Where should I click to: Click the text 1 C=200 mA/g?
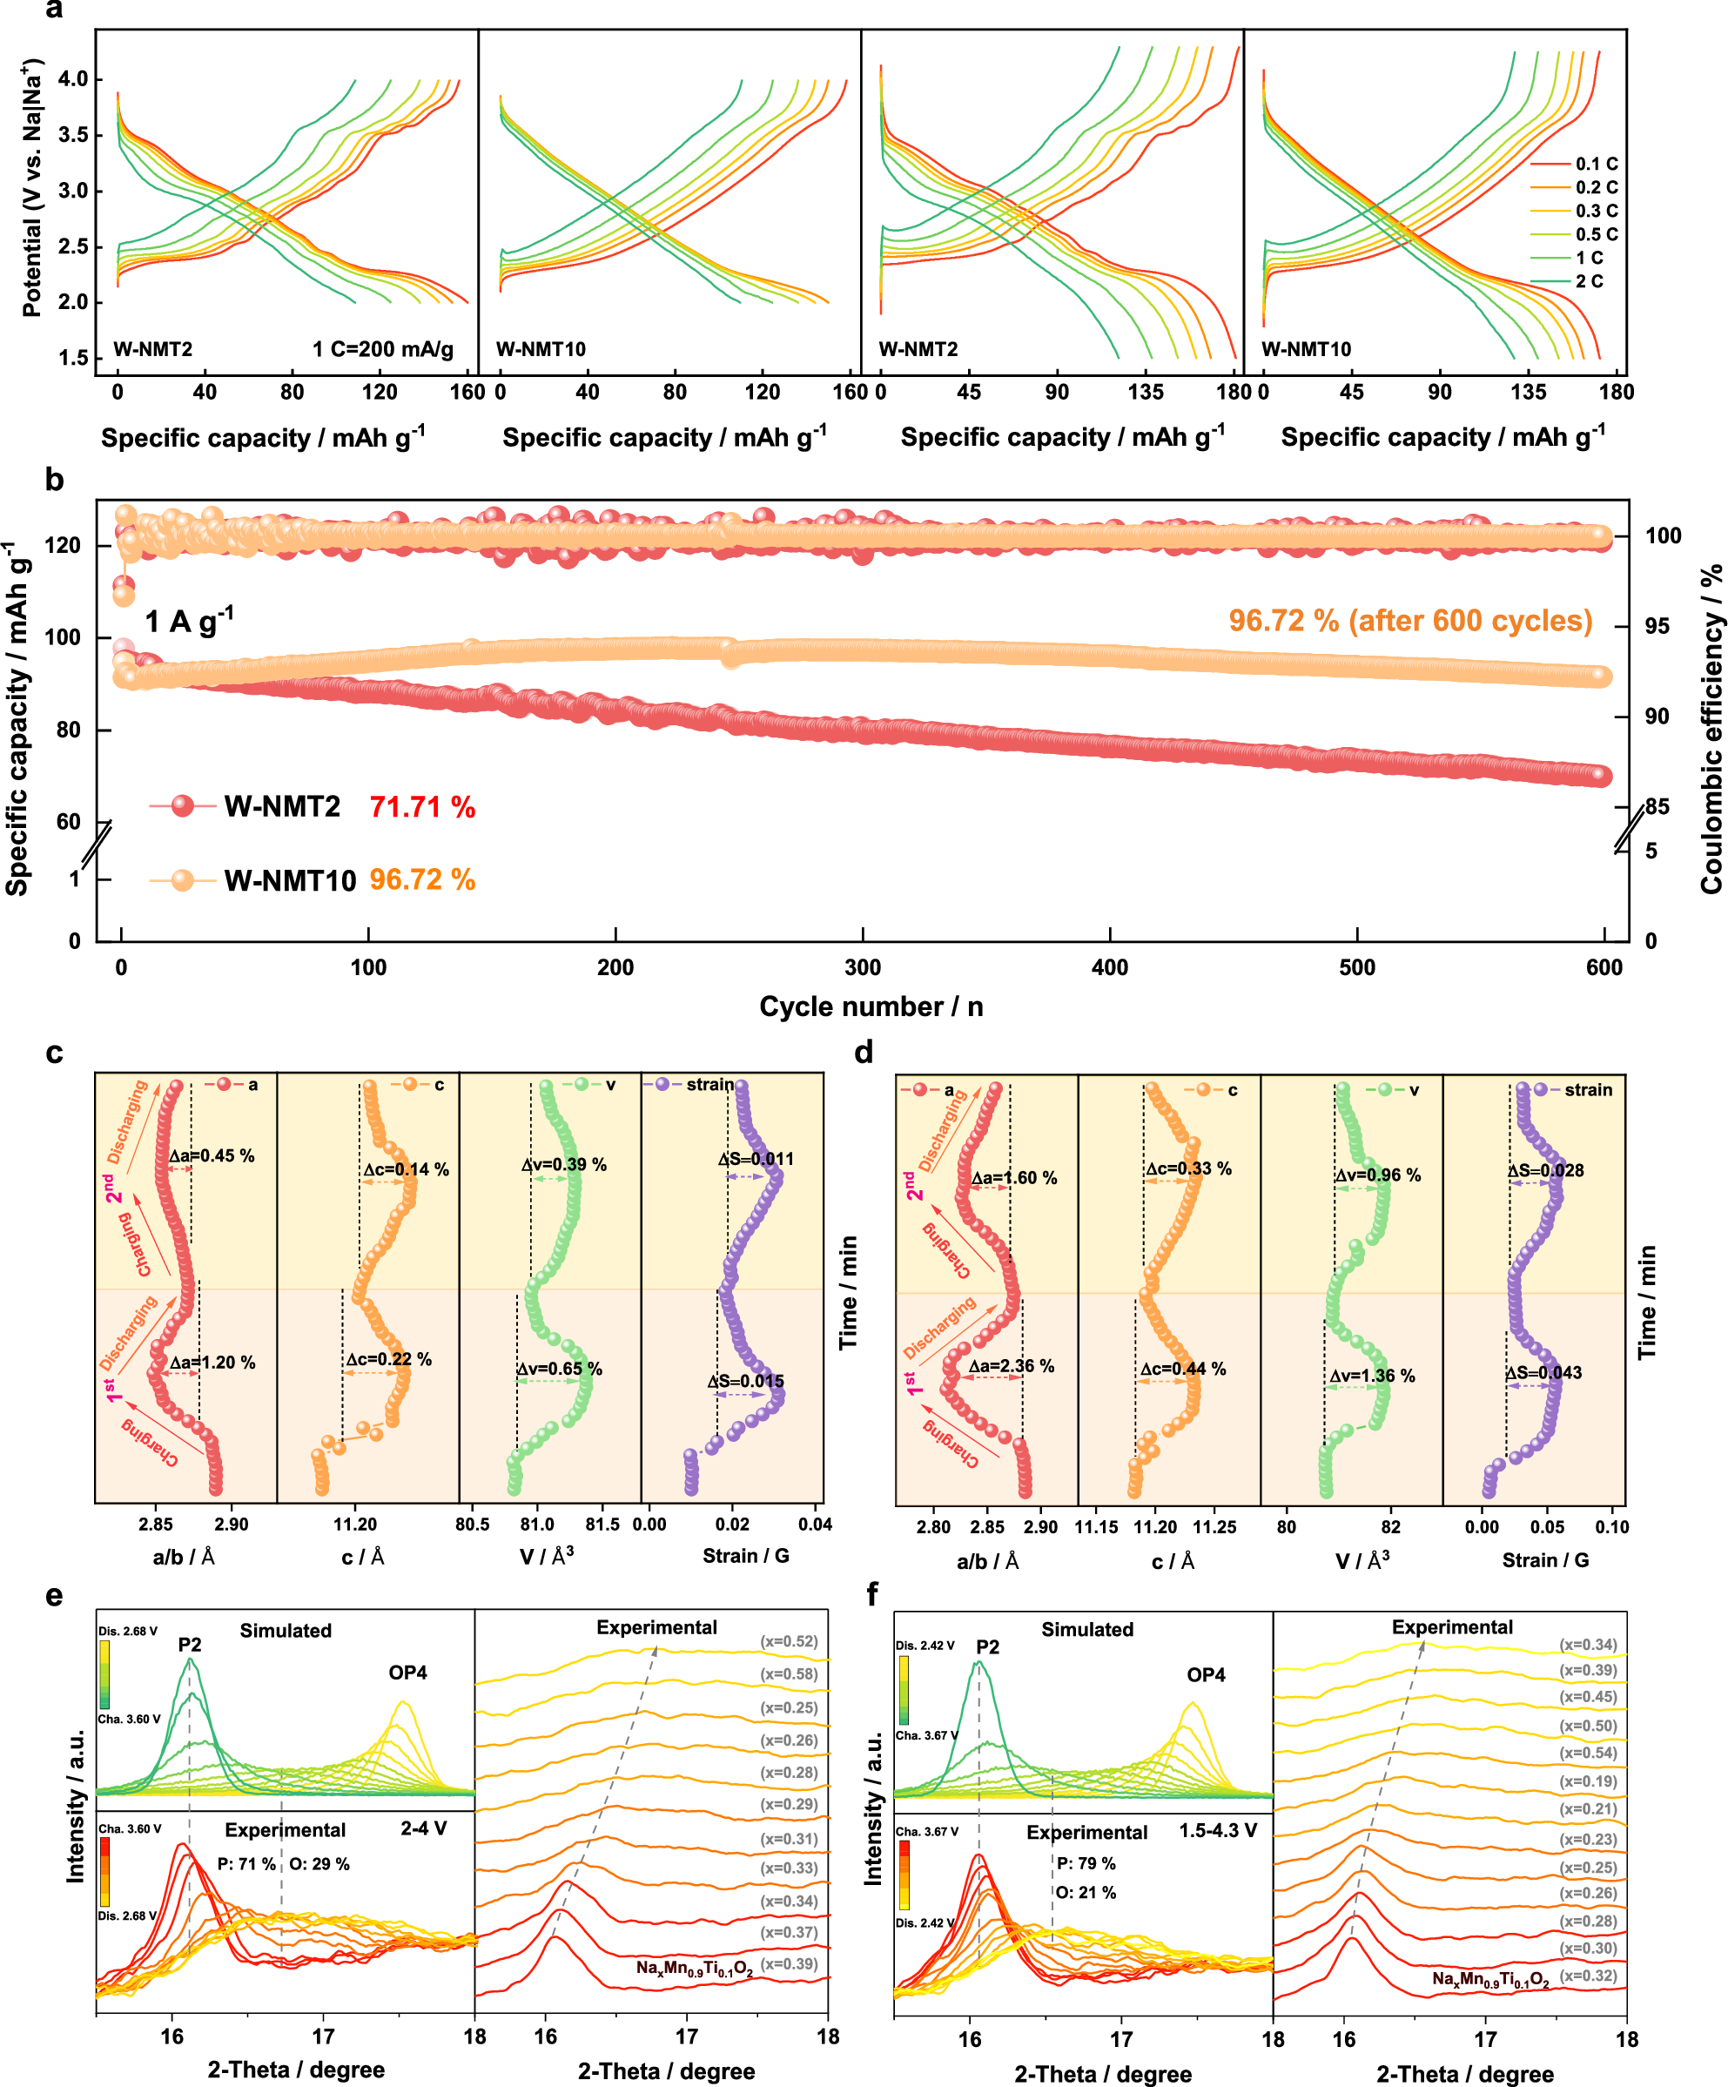pyautogui.click(x=382, y=349)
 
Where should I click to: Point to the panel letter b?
pyautogui.click(x=54, y=480)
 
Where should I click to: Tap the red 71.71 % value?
pyautogui.click(x=422, y=807)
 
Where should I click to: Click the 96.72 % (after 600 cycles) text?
pyautogui.click(x=1410, y=621)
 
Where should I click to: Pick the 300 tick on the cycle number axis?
pyautogui.click(x=863, y=967)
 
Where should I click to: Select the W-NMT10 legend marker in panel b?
pyautogui.click(x=183, y=880)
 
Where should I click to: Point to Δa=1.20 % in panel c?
pyautogui.click(x=212, y=1363)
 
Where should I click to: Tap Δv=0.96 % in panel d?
pyautogui.click(x=1377, y=1175)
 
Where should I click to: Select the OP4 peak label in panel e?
pyautogui.click(x=407, y=1673)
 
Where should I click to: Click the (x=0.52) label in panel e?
pyautogui.click(x=789, y=1642)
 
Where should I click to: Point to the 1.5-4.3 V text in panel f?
pyautogui.click(x=1217, y=1831)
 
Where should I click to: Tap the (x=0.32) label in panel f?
pyautogui.click(x=1588, y=1976)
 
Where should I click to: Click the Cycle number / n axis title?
pyautogui.click(x=871, y=1006)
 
